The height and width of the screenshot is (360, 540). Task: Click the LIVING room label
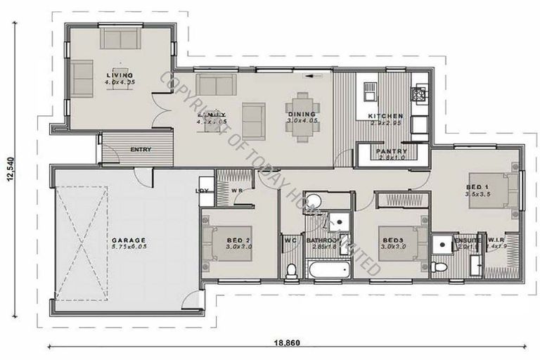pyautogui.click(x=120, y=75)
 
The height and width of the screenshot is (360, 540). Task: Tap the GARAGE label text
pyautogui.click(x=129, y=240)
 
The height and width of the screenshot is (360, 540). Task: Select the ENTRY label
pyautogui.click(x=141, y=149)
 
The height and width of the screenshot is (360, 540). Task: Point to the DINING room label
pyautogui.click(x=302, y=114)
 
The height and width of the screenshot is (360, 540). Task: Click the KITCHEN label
pyautogui.click(x=387, y=116)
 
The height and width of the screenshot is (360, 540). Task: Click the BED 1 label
pyautogui.click(x=477, y=186)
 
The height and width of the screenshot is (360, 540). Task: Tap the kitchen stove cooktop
pyautogui.click(x=420, y=92)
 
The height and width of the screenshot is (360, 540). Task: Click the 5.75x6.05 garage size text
pyautogui.click(x=129, y=248)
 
